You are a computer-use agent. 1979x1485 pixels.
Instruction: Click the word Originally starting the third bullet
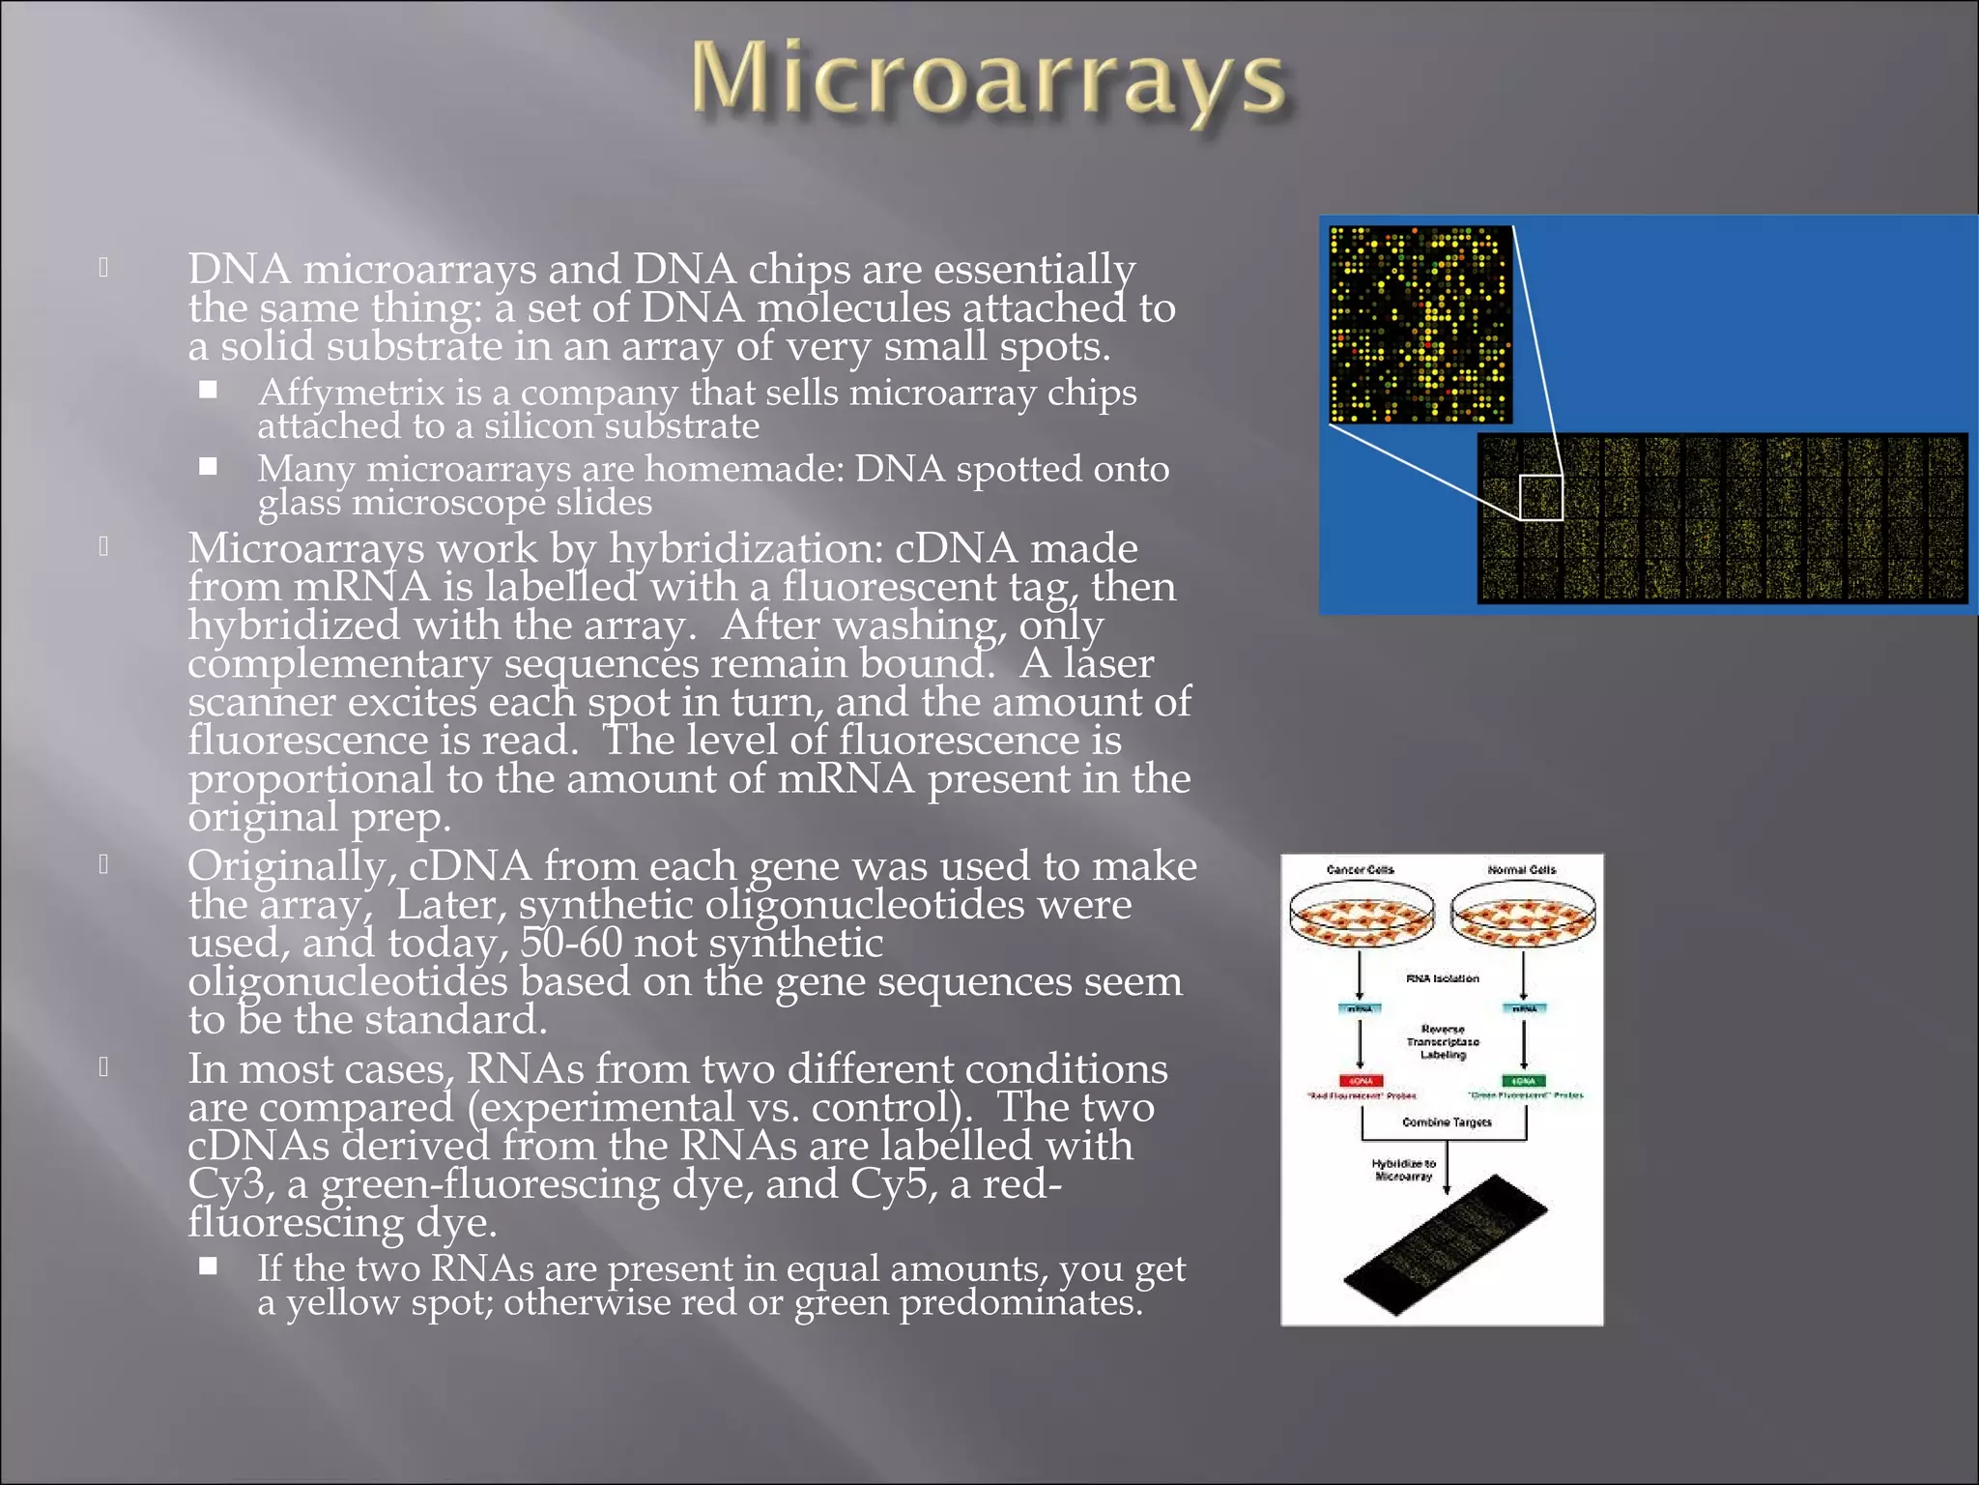pos(291,867)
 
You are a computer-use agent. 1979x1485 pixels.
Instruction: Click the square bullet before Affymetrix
pos(209,391)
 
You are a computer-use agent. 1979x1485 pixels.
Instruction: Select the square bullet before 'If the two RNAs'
pos(209,1267)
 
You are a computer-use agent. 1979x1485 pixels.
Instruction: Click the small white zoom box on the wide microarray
pos(1540,498)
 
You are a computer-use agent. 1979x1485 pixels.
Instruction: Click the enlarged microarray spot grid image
pos(1420,325)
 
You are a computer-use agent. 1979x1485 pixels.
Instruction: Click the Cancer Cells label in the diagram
pos(1360,870)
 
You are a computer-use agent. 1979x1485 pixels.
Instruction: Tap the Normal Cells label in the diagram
pos(1521,870)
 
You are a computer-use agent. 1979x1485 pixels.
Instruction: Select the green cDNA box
pos(1524,1081)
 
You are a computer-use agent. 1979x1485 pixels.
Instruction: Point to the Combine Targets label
pos(1446,1122)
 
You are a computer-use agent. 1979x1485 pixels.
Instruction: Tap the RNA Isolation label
pos(1442,978)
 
